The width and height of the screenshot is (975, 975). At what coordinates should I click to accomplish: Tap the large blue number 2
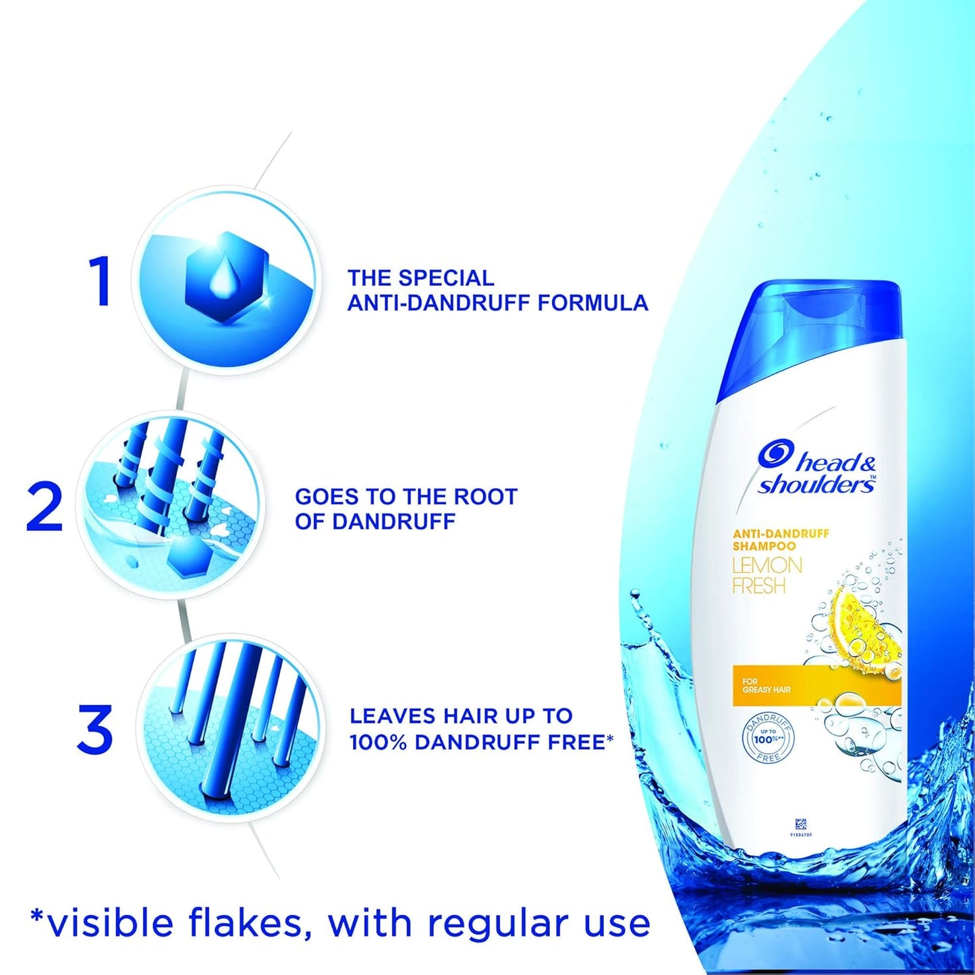tap(45, 507)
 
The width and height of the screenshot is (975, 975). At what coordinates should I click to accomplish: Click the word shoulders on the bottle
tap(816, 484)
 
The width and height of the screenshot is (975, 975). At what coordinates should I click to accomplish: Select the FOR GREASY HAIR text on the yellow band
tap(766, 686)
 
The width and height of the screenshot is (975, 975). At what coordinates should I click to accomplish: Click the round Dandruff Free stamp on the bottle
tap(768, 739)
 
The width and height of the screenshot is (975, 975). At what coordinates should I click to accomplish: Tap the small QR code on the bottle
tap(800, 824)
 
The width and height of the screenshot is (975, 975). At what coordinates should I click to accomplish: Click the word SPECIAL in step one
tap(446, 278)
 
